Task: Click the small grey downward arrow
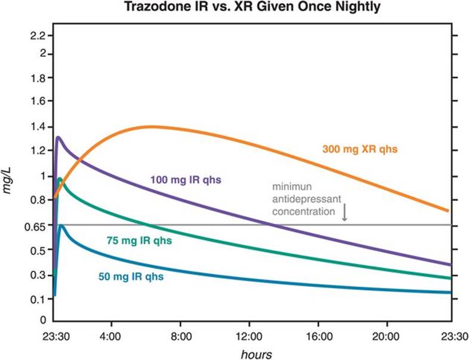[344, 214]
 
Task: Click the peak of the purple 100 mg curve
[58, 137]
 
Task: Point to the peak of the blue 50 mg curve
[61, 225]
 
